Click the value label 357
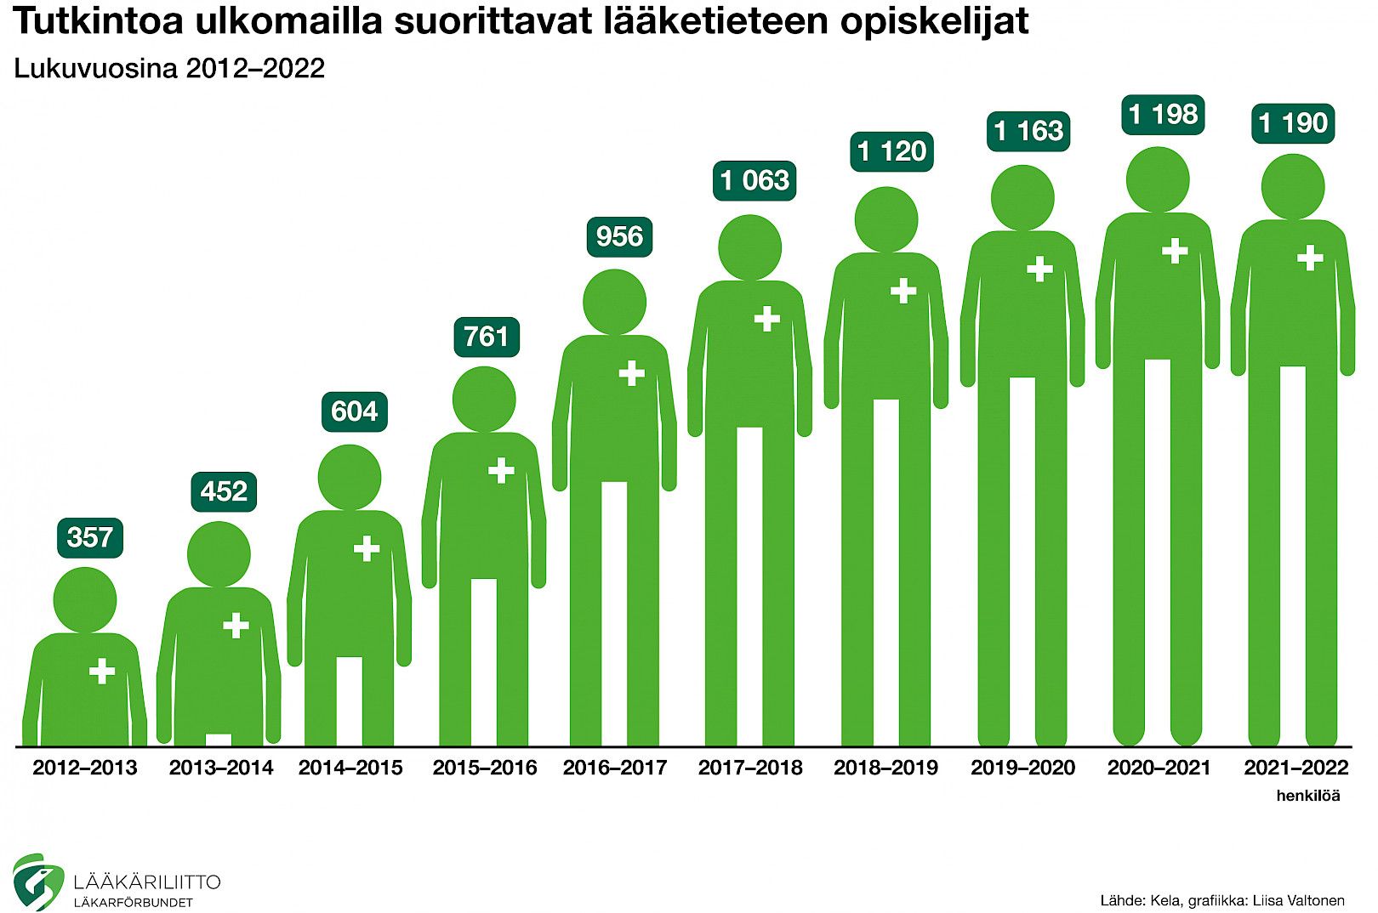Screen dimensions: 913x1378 click(89, 538)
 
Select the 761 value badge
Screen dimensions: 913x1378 click(486, 337)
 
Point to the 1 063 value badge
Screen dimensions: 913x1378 click(754, 181)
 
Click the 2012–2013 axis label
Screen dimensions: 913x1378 click(84, 768)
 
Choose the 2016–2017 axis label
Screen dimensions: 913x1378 click(614, 768)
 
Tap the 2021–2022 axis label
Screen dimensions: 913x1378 click(1295, 768)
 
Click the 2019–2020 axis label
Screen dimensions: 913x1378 click(1022, 768)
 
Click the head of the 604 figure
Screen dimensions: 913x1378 click(350, 477)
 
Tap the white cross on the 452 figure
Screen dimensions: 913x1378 click(236, 627)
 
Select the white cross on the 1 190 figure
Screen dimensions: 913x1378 click(1309, 258)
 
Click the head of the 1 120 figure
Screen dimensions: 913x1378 click(885, 219)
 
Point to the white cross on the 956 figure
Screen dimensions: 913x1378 click(631, 373)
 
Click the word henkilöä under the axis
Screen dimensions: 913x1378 click(1307, 797)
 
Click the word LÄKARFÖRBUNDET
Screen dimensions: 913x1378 click(134, 903)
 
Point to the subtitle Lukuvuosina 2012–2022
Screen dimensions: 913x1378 click(169, 69)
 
